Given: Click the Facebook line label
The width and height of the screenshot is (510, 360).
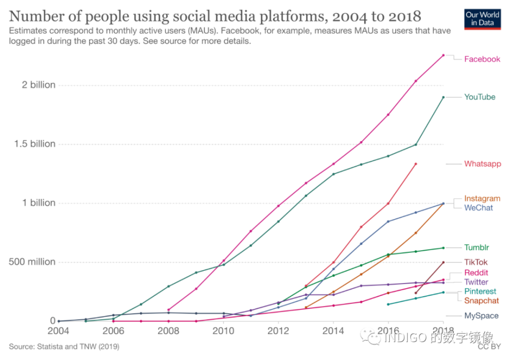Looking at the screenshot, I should pyautogui.click(x=482, y=59).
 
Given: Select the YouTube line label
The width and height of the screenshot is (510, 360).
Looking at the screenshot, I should pyautogui.click(x=479, y=97).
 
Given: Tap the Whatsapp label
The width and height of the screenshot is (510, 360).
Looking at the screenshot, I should pyautogui.click(x=482, y=164).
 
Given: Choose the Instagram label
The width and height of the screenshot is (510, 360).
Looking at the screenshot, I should pyautogui.click(x=482, y=198).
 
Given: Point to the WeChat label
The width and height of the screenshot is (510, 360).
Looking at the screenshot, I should pyautogui.click(x=478, y=208).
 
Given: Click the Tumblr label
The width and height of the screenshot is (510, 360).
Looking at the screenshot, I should pyautogui.click(x=476, y=247).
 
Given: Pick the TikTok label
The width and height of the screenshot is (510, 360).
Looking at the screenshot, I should pyautogui.click(x=476, y=262).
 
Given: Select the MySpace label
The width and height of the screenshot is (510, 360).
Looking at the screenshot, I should pyautogui.click(x=481, y=316).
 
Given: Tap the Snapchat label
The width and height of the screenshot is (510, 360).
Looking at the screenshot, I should pyautogui.click(x=481, y=301).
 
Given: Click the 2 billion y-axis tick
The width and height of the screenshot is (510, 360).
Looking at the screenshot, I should pyautogui.click(x=38, y=85).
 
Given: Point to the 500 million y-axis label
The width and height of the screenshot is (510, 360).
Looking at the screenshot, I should pyautogui.click(x=32, y=262).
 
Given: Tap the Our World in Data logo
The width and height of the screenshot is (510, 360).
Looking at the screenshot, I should pyautogui.click(x=482, y=19).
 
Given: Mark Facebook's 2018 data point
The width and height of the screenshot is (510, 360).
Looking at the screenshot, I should pyautogui.click(x=443, y=55).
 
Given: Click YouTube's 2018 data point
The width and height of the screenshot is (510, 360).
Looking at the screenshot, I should pyautogui.click(x=443, y=97).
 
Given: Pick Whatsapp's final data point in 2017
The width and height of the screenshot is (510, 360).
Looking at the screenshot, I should pyautogui.click(x=416, y=164).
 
